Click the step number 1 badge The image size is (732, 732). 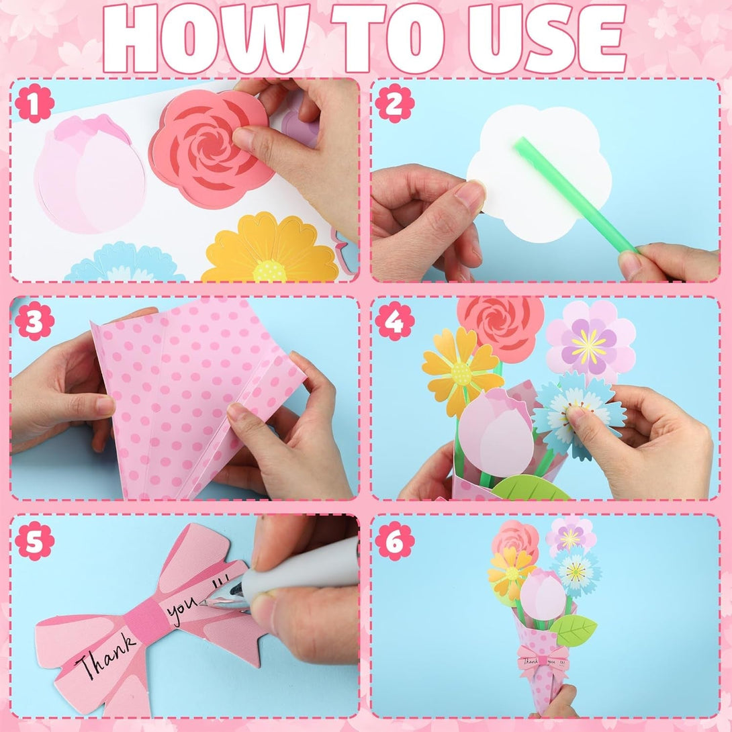tap(34, 103)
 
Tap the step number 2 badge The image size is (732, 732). tap(394, 103)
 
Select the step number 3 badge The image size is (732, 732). tap(34, 321)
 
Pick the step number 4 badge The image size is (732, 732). tap(394, 321)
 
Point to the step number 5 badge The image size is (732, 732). tap(34, 541)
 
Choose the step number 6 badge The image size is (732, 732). tap(394, 541)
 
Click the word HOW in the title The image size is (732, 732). tap(206, 38)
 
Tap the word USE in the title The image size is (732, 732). tap(546, 38)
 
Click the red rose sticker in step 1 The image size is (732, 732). tap(211, 148)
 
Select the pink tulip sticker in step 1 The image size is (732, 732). tap(89, 175)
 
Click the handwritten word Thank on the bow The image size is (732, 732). tap(105, 656)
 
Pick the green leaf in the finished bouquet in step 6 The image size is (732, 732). tap(574, 630)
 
